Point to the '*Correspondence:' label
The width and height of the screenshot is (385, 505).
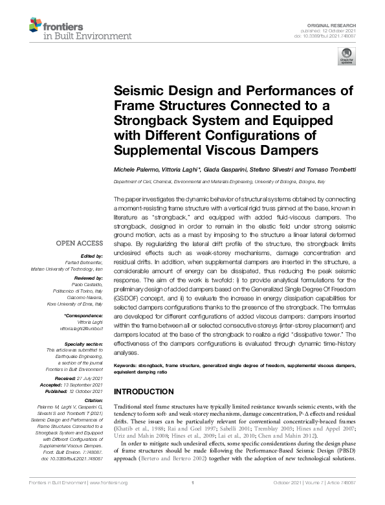tap(84, 315)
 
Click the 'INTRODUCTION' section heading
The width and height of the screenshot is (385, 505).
tap(146, 393)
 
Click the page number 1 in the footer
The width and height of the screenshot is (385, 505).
tap(193, 500)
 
